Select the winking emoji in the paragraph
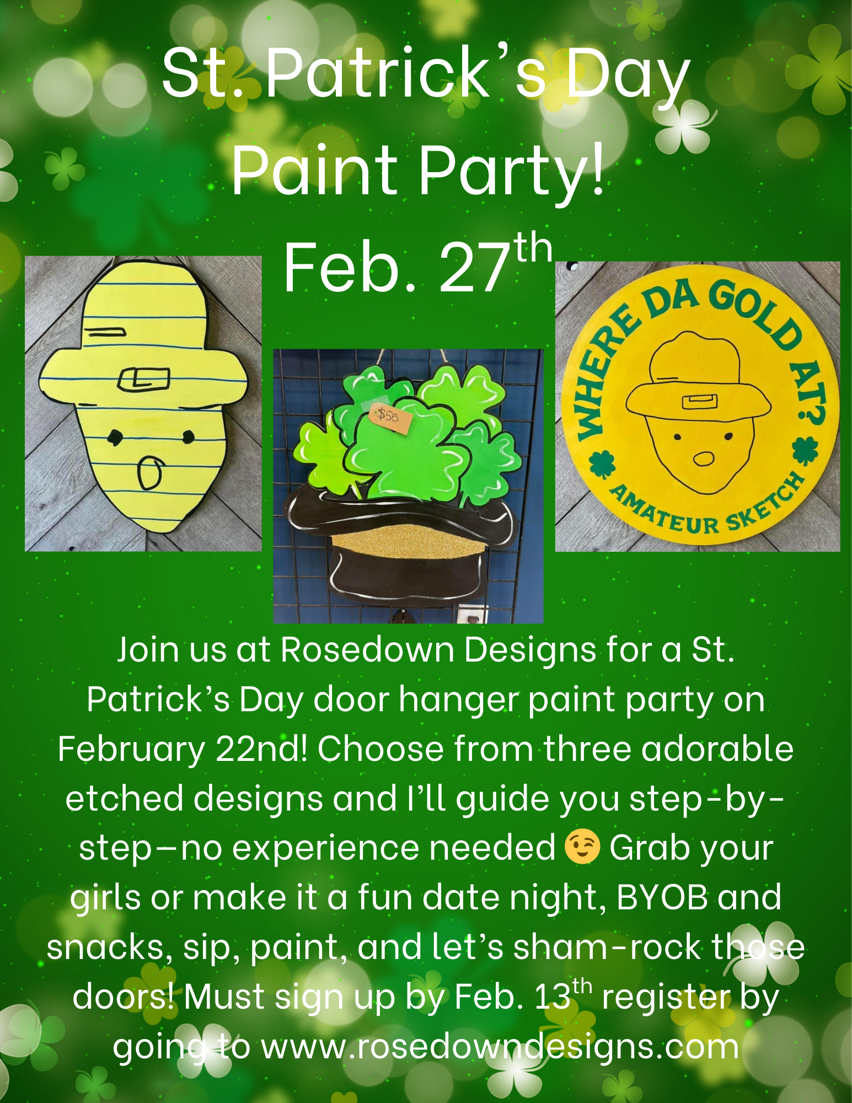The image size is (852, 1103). [582, 847]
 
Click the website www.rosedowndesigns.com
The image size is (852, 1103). [500, 1046]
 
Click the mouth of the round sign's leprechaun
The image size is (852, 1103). [704, 457]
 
